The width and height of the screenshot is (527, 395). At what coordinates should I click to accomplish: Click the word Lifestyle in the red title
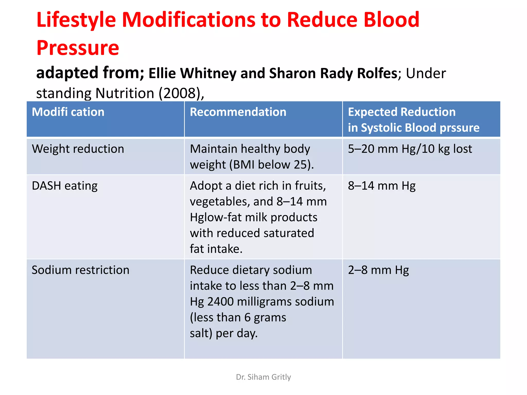coord(76,20)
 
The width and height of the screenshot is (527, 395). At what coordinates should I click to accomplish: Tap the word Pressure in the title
coord(78,48)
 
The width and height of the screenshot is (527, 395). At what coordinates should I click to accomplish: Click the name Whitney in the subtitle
coord(208,74)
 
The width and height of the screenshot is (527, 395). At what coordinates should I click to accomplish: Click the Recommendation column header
coord(238,112)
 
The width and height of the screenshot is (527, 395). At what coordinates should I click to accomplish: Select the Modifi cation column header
coord(68,112)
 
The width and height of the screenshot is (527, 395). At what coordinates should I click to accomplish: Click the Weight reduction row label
coord(78,149)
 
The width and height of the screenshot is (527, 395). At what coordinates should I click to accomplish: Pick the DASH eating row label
coord(65,186)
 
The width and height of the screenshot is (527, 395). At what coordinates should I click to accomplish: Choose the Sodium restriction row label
coord(80,270)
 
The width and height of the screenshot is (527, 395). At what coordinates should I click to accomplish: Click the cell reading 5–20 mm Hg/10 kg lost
coord(410,149)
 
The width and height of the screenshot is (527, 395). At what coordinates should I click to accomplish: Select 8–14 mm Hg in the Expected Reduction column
coord(381,186)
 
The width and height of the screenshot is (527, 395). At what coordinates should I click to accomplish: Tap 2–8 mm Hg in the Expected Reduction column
coord(378,270)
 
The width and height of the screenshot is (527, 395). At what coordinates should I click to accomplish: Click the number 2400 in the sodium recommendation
coord(220,302)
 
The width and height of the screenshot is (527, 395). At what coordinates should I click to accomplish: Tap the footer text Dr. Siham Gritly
coord(263,377)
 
